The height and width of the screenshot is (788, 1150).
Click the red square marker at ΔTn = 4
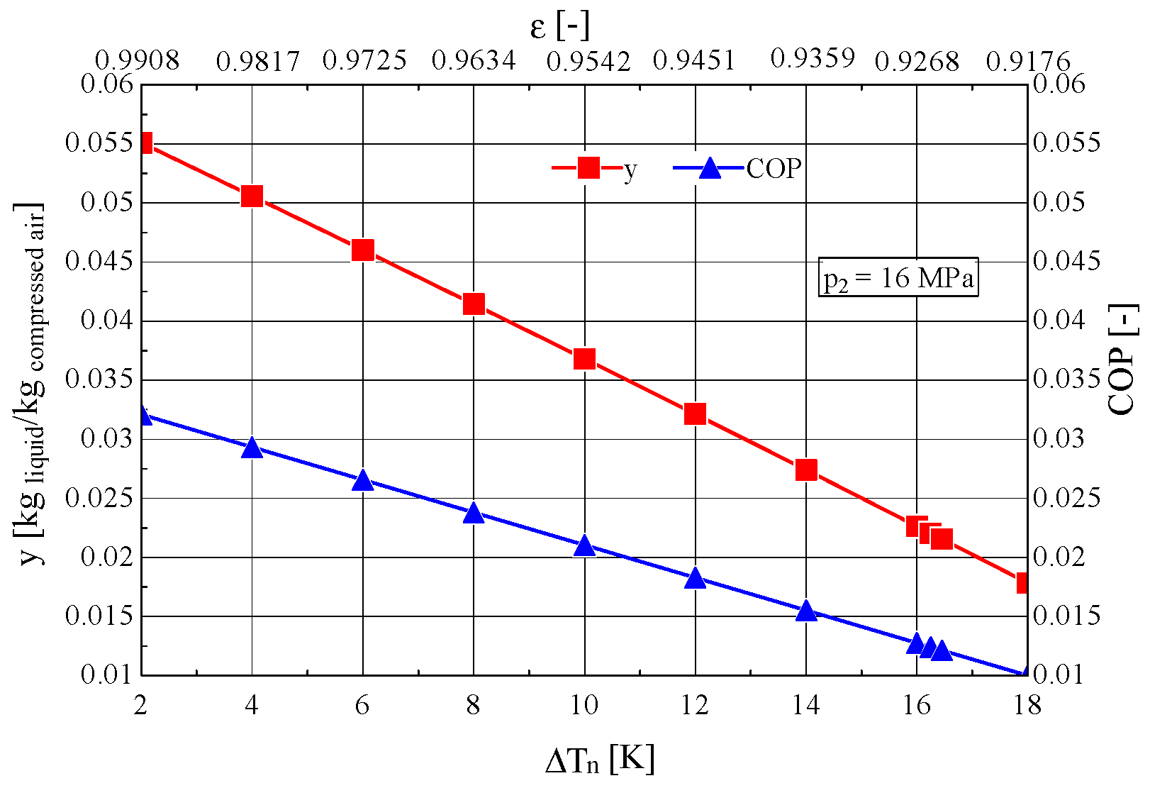252,196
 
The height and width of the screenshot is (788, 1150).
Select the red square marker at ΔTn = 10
584,359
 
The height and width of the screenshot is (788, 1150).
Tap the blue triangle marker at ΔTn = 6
363,481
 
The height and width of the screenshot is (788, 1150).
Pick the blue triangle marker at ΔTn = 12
696,578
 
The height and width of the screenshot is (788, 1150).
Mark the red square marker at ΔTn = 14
806,470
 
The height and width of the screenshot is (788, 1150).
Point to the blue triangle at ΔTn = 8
474,514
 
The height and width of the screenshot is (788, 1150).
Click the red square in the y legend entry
588,168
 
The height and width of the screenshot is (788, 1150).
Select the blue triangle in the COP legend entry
710,169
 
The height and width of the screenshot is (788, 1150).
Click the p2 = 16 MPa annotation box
898,277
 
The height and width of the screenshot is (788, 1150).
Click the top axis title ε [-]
559,27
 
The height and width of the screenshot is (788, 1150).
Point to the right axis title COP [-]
1122,360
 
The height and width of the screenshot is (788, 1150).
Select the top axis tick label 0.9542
588,62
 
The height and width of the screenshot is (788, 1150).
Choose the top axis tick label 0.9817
258,62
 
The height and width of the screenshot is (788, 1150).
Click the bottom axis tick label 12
695,705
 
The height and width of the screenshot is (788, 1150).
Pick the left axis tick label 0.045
99,261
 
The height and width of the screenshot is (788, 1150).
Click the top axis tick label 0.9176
1028,62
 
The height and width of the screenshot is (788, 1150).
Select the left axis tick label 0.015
99,616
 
